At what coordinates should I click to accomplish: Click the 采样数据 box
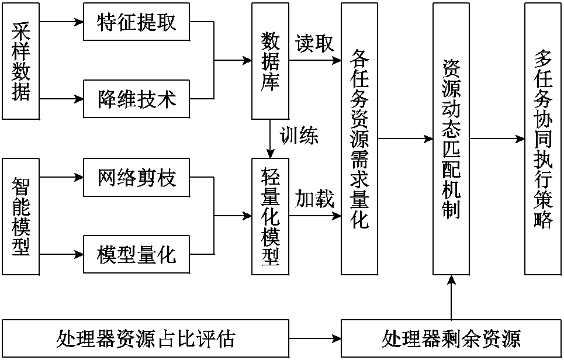(x=21, y=60)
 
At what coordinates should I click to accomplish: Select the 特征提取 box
(x=137, y=23)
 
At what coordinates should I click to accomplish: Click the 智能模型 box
(x=21, y=216)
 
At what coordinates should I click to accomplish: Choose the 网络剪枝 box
(x=137, y=178)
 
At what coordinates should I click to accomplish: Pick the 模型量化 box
(x=137, y=254)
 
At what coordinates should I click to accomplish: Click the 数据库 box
(x=269, y=60)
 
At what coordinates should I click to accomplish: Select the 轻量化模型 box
(x=269, y=216)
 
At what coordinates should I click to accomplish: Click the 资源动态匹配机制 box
(x=451, y=139)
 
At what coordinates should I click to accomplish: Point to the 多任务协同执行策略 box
(x=542, y=139)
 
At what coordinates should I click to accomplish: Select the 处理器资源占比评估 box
(x=146, y=338)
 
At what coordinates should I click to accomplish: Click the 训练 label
(x=298, y=137)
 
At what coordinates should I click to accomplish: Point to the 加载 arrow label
(x=314, y=199)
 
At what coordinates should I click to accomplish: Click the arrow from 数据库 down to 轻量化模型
(x=269, y=139)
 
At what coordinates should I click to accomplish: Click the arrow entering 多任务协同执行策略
(x=497, y=139)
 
